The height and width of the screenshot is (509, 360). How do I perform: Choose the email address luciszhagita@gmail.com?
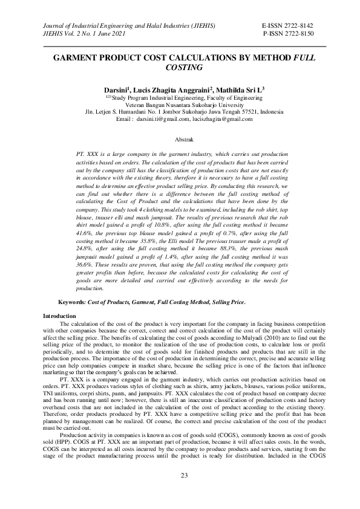point(222,119)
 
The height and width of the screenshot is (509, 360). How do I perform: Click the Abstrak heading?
point(182,140)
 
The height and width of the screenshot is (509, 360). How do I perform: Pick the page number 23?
point(182,478)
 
